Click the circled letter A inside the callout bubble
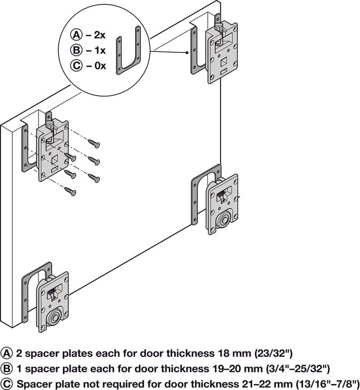(76, 35)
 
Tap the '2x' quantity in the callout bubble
(99, 35)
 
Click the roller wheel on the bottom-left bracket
(53, 320)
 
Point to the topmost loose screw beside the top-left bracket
(94, 143)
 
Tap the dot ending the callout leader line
(186, 52)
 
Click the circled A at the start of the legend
(7, 353)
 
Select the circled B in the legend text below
(7, 368)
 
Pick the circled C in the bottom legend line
(7, 384)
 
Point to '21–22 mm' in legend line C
(256, 384)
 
